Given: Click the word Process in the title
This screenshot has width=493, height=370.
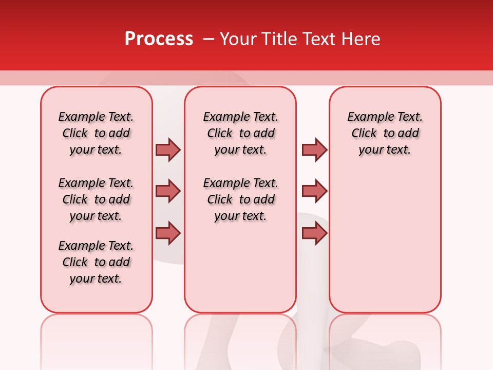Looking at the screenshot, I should [159, 39].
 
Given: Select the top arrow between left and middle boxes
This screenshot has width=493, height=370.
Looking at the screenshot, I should [168, 150].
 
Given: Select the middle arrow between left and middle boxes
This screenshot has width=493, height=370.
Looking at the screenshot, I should [168, 191].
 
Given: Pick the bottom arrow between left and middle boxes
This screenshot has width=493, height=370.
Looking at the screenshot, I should [168, 233].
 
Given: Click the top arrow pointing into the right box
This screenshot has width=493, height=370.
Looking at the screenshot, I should [314, 150].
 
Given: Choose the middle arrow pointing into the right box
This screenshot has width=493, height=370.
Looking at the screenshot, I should [314, 191].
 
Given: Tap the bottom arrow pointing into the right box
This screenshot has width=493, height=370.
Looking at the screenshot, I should [314, 233].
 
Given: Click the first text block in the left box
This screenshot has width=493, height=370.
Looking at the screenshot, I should [96, 133].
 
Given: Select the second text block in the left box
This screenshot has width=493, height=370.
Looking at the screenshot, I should [96, 199].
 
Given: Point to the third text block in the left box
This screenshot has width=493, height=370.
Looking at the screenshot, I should [96, 262].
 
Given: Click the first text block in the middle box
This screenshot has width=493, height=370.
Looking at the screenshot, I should [240, 133].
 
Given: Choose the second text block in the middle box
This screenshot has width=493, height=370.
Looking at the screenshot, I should [240, 199].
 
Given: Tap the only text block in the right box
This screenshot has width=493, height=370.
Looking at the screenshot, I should [385, 133].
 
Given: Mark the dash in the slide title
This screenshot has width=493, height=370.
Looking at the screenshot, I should [208, 39].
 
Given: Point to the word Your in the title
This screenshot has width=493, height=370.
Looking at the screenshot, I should [237, 39].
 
